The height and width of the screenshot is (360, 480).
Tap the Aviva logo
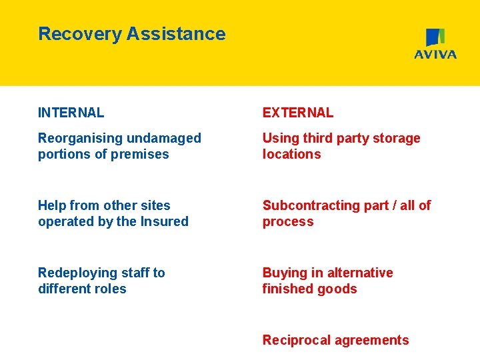(435, 44)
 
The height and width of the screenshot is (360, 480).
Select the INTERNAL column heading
(71, 113)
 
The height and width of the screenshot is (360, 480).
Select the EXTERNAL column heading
(297, 113)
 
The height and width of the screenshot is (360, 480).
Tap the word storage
(395, 139)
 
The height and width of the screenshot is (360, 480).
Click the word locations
(291, 154)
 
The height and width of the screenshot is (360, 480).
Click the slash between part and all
(387, 205)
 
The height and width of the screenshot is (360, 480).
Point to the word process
(287, 222)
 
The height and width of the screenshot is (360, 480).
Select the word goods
(339, 289)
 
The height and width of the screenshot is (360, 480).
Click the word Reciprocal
(295, 340)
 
